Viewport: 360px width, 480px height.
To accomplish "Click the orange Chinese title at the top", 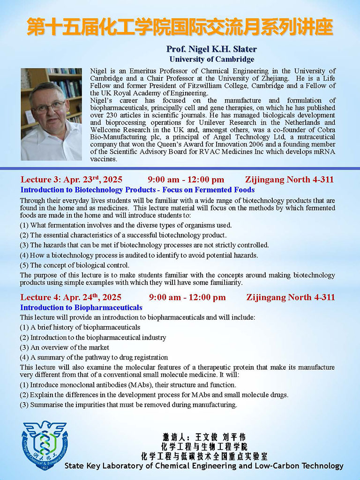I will point(180,27).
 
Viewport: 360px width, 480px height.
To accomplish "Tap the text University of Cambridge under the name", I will point(212,59).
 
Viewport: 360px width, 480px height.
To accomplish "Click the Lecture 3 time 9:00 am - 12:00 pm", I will point(186,180).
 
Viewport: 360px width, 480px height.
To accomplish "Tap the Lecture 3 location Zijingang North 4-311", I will point(289,180).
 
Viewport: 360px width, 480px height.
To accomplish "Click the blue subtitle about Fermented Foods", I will point(137,190).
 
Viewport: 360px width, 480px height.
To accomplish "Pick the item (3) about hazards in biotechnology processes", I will point(144,245).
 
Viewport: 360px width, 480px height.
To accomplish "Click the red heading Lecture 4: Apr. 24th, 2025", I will point(71,297).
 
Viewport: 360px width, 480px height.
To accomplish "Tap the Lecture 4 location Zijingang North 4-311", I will point(291,297).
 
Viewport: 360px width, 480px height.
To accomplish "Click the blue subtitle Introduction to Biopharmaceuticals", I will point(81,307).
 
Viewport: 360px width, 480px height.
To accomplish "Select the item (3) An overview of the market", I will point(64,347).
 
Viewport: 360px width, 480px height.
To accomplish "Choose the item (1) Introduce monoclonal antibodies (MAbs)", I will point(127,385).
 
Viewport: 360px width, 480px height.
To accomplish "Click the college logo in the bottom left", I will point(45,445).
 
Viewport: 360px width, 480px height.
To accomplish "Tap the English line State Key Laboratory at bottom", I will point(204,466).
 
